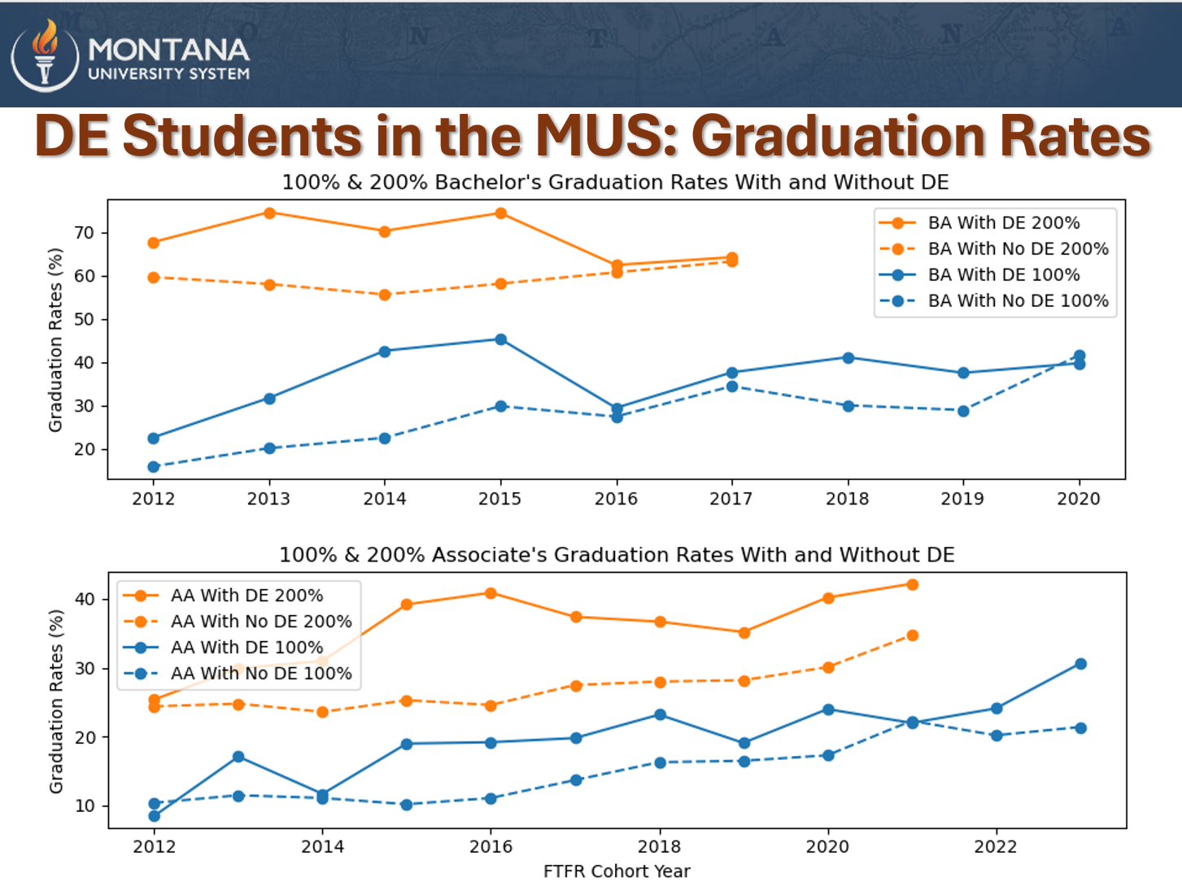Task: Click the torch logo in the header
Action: click(x=46, y=55)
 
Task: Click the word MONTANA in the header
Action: click(x=168, y=50)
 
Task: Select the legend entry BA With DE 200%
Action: click(x=1003, y=223)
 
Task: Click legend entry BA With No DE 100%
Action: click(x=1018, y=301)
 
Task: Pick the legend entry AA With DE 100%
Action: click(x=246, y=648)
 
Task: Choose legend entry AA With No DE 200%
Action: click(x=260, y=622)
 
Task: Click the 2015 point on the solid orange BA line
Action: click(x=501, y=213)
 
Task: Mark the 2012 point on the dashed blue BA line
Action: click(x=154, y=467)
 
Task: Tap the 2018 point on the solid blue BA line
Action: click(x=848, y=358)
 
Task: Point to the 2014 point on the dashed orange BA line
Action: click(x=385, y=295)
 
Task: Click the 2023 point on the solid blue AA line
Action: click(x=1081, y=664)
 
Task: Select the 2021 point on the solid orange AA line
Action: click(x=913, y=585)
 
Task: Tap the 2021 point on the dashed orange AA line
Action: click(x=913, y=635)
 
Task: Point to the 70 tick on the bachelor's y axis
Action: click(x=85, y=233)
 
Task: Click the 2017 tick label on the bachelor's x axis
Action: click(x=731, y=499)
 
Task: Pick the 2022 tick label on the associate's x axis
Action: click(x=996, y=847)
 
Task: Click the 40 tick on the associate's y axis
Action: click(x=85, y=600)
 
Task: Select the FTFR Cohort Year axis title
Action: click(x=617, y=871)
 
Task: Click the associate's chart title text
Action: click(x=617, y=555)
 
